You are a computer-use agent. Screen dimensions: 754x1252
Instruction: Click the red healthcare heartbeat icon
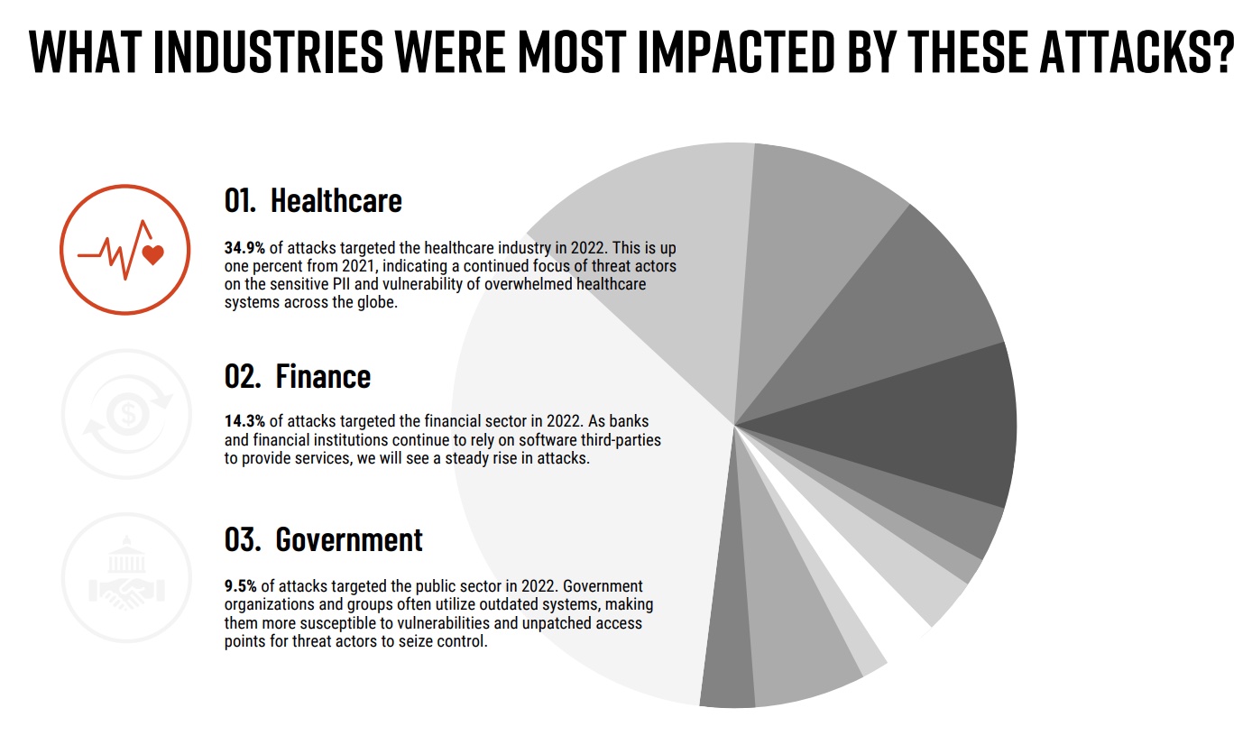point(124,249)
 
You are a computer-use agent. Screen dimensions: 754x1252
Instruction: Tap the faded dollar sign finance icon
point(124,414)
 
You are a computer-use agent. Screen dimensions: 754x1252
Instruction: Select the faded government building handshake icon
point(124,578)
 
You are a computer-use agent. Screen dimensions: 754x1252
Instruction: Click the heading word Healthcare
point(336,200)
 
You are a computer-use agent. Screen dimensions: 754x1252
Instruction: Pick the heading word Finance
point(323,375)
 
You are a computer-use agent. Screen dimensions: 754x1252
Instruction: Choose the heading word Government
point(349,539)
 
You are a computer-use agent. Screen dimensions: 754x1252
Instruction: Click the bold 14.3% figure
point(245,421)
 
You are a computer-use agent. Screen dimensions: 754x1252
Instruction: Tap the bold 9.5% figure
point(241,585)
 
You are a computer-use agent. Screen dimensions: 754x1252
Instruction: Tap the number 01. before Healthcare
point(241,200)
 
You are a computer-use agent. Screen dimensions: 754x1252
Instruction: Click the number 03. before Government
point(244,539)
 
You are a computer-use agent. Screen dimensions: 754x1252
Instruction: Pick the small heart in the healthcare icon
point(153,254)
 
